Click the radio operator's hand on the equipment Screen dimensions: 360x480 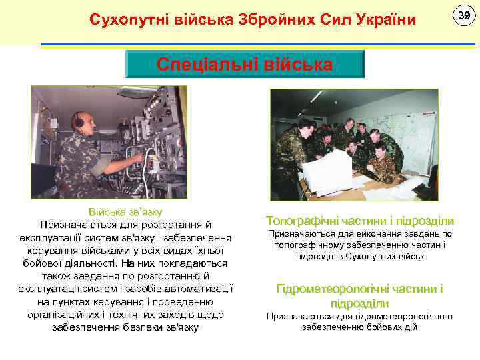point(137,159)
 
